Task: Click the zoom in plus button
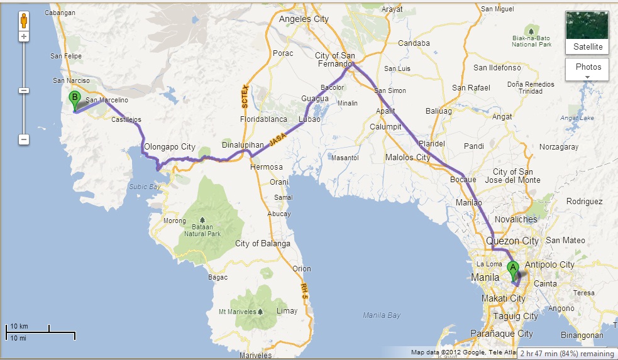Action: click(24, 36)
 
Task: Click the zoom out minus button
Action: click(24, 139)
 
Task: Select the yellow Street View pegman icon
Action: click(24, 20)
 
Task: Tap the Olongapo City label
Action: click(170, 147)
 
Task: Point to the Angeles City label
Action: click(304, 19)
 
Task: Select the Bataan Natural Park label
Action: click(203, 229)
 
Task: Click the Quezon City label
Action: click(512, 241)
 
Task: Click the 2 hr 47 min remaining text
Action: click(566, 354)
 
